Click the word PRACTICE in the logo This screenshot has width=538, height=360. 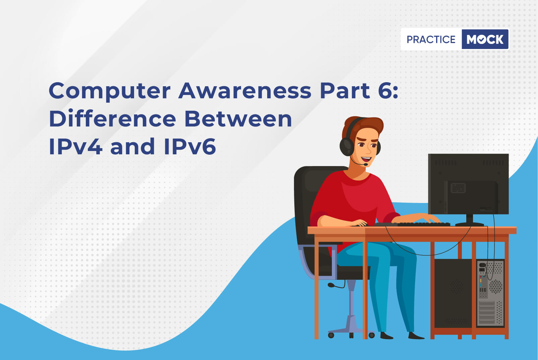click(x=431, y=39)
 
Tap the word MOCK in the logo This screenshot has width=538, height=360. click(x=485, y=39)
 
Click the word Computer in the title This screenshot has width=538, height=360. click(x=110, y=91)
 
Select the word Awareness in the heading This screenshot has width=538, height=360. click(x=245, y=91)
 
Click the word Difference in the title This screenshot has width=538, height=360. click(x=112, y=118)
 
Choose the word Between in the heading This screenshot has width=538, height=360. click(x=238, y=118)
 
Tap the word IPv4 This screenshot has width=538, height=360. click(x=76, y=146)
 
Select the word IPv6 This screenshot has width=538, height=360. click(x=190, y=146)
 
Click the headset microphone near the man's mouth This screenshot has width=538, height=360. click(x=365, y=164)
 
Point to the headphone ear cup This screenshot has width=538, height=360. click(x=347, y=146)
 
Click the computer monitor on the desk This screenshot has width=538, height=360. click(x=468, y=184)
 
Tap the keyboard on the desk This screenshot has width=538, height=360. click(x=412, y=224)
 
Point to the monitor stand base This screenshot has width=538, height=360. click(x=469, y=224)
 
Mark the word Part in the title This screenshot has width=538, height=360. click(x=345, y=91)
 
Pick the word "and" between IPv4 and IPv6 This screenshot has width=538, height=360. click(x=133, y=146)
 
